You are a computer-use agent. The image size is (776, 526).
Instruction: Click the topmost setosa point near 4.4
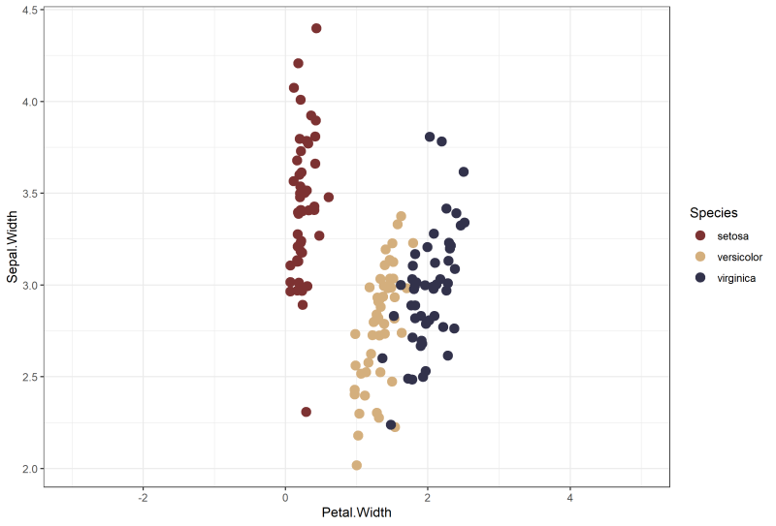(x=316, y=28)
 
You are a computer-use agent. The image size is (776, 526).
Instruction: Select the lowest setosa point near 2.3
(x=306, y=412)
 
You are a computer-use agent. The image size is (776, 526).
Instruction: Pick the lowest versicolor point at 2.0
(x=357, y=465)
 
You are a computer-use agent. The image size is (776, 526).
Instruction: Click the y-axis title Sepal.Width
(x=13, y=249)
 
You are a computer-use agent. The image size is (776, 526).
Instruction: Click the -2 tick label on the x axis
(x=143, y=496)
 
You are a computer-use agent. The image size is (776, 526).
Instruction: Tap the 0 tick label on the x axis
(x=285, y=496)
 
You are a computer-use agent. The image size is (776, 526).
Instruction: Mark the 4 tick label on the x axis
(x=570, y=496)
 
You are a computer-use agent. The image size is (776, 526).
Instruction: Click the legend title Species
(x=713, y=212)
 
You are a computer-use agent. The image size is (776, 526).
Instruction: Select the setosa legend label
(x=732, y=235)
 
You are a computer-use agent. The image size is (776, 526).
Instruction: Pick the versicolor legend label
(x=739, y=256)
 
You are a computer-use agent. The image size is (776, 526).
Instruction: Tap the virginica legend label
(x=736, y=277)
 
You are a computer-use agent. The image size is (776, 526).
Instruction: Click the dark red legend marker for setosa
(x=700, y=235)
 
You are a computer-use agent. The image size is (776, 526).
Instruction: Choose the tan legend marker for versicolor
(x=700, y=256)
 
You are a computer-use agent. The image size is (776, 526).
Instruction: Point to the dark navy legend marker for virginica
(x=700, y=277)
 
